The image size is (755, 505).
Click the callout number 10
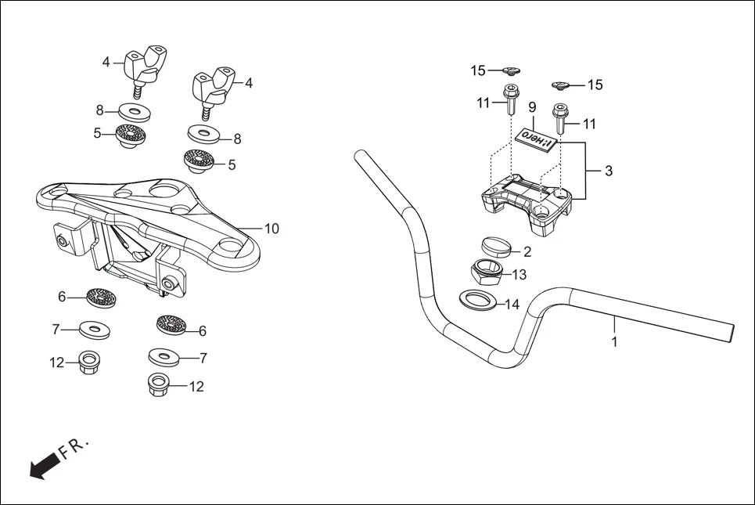pos(271,229)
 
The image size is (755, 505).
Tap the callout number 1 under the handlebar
pos(614,342)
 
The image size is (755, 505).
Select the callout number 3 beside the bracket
pos(609,171)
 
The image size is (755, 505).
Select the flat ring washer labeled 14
pos(476,299)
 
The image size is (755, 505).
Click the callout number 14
pos(512,305)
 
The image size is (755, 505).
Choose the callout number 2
pos(527,252)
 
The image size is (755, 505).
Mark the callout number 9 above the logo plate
pos(531,106)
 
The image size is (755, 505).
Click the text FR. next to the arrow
pos(74,446)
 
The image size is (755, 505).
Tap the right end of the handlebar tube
pos(732,332)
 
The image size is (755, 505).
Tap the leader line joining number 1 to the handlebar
pos(615,324)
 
